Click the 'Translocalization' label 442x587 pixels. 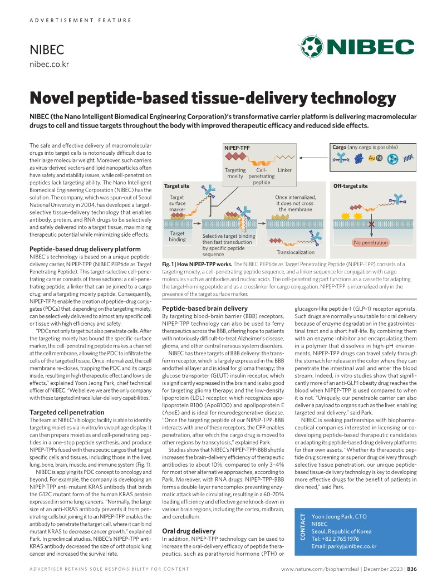click(295, 252)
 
